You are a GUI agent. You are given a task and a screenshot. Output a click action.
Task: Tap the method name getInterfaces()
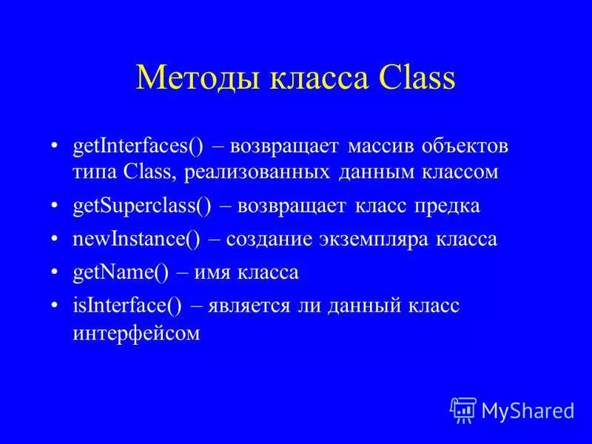click(x=138, y=146)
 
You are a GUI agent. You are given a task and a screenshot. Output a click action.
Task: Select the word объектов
click(x=466, y=146)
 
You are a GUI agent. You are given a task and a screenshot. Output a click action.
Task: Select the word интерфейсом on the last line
click(x=138, y=333)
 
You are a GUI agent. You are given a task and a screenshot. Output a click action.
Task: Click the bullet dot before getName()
click(x=56, y=273)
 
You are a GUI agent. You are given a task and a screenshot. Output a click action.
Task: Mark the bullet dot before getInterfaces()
click(x=56, y=146)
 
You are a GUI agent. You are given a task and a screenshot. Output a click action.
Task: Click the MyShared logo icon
click(x=462, y=409)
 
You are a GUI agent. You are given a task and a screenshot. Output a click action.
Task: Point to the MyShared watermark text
click(x=527, y=410)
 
